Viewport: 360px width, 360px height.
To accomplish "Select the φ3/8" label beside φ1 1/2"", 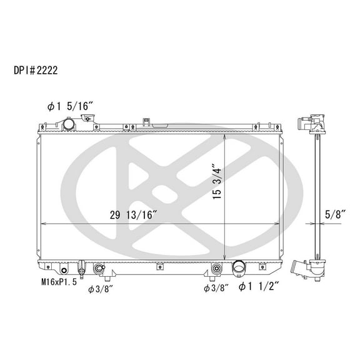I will tap(216, 287).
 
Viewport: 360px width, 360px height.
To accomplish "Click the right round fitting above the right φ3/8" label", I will tap(216, 269).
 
